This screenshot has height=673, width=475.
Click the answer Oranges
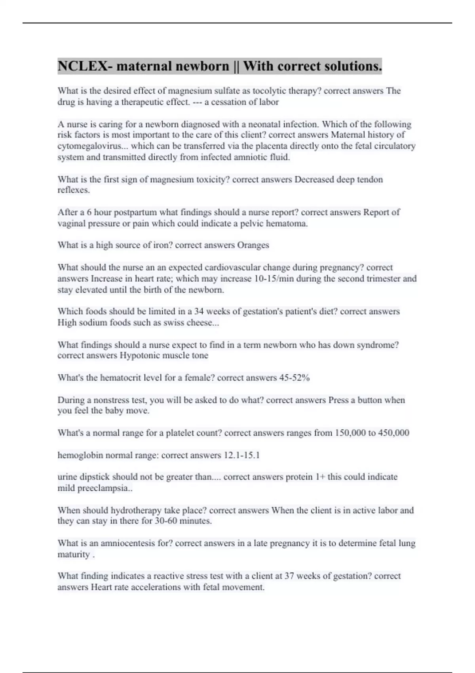[x=253, y=245]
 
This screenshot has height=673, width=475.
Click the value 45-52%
[x=294, y=378]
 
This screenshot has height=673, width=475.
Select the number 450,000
[x=393, y=433]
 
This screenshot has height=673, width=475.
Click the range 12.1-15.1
[x=241, y=455]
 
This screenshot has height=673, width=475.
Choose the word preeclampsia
[x=104, y=488]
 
